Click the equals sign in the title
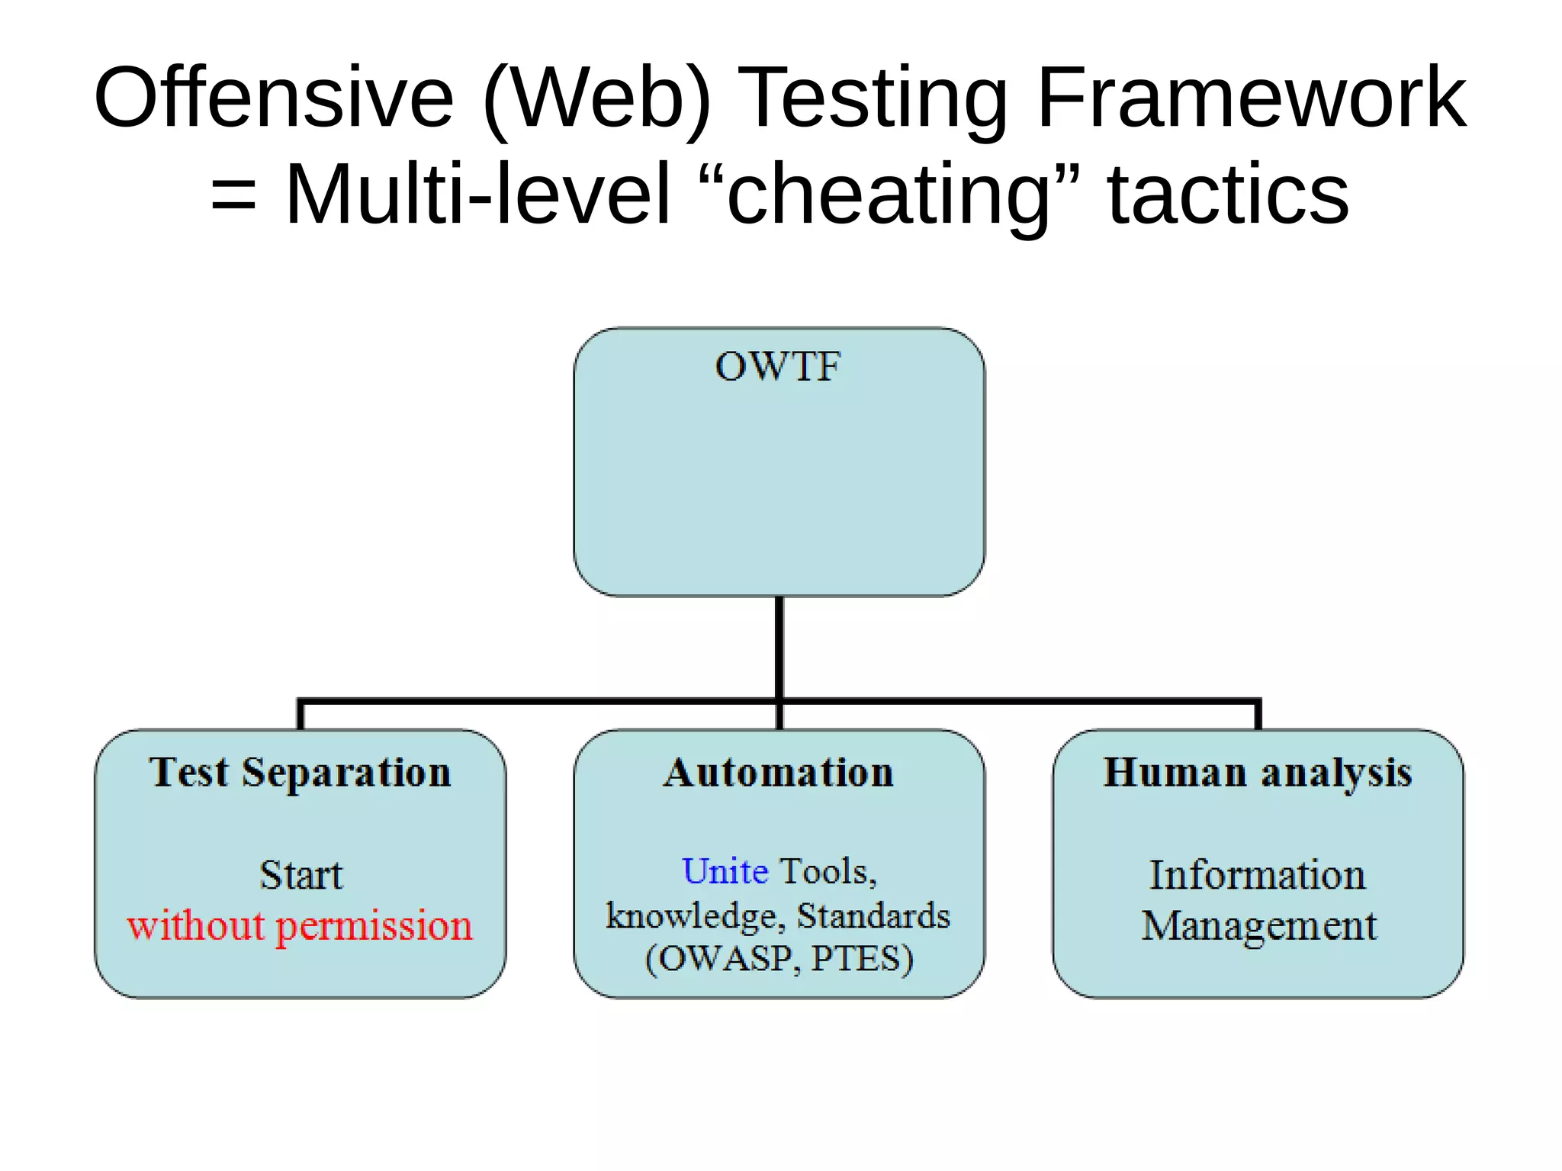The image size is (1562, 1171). coord(233,195)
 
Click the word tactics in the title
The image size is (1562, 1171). coord(1228,195)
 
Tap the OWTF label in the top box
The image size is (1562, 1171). coord(778,366)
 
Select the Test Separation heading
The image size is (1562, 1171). coord(301,773)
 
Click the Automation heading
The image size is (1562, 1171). coord(778,772)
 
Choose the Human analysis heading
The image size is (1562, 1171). coord(1258,773)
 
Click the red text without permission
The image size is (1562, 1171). coord(300,926)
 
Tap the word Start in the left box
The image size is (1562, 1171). coord(301,875)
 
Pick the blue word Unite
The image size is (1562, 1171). coord(725,871)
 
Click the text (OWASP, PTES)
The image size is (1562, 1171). coord(779,959)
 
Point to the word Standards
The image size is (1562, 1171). coord(873,915)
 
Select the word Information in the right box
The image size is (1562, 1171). coord(1258,875)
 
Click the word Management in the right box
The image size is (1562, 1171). coord(1258,926)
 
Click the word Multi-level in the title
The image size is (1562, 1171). coord(477,195)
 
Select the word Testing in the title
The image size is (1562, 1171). coord(874,99)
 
